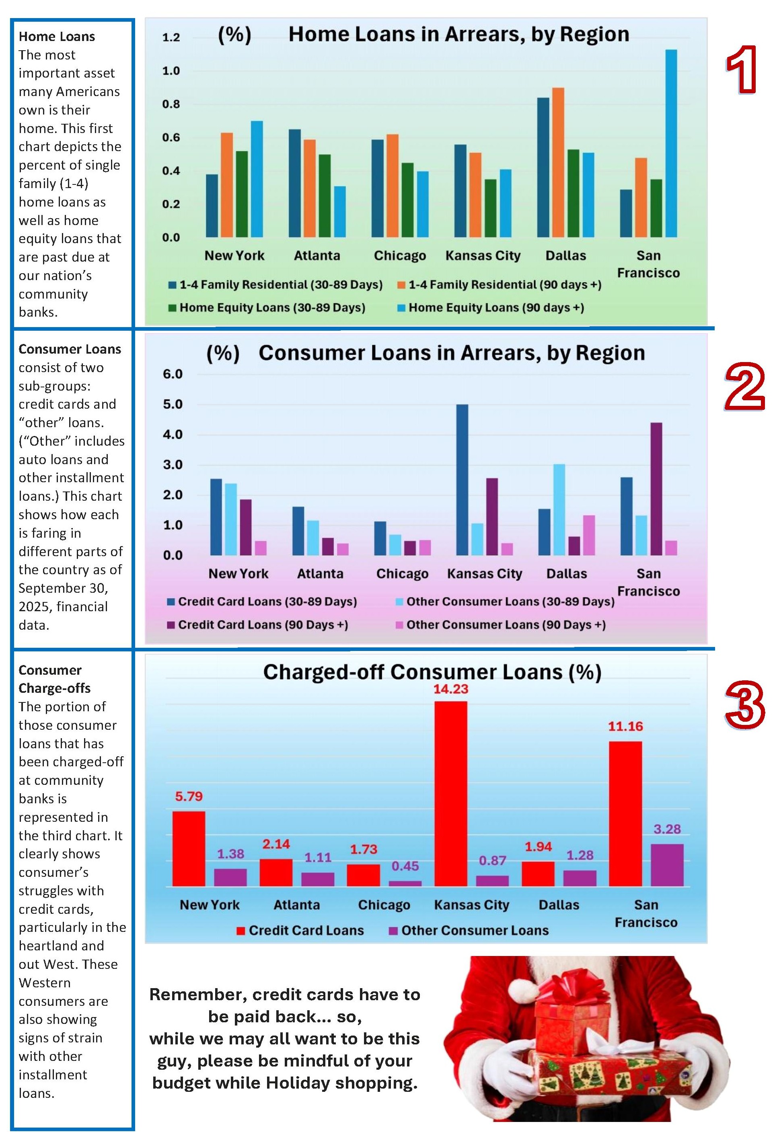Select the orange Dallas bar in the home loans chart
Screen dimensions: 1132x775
(x=558, y=163)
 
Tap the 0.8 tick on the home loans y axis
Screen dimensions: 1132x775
(x=171, y=104)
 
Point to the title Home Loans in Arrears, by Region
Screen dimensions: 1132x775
(x=458, y=35)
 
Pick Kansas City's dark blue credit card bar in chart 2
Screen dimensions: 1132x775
(x=462, y=480)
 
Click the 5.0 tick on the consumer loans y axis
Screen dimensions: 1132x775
(x=173, y=404)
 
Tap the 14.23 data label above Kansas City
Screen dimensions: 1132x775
(x=450, y=689)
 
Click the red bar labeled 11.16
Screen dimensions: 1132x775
(x=625, y=813)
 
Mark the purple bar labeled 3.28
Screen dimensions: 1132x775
(x=667, y=865)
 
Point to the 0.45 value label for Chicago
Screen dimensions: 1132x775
(x=405, y=866)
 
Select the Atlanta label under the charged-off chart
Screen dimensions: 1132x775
(x=296, y=905)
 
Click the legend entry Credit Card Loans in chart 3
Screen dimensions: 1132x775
(x=306, y=930)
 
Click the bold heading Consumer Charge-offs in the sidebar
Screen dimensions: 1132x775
(x=54, y=679)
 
